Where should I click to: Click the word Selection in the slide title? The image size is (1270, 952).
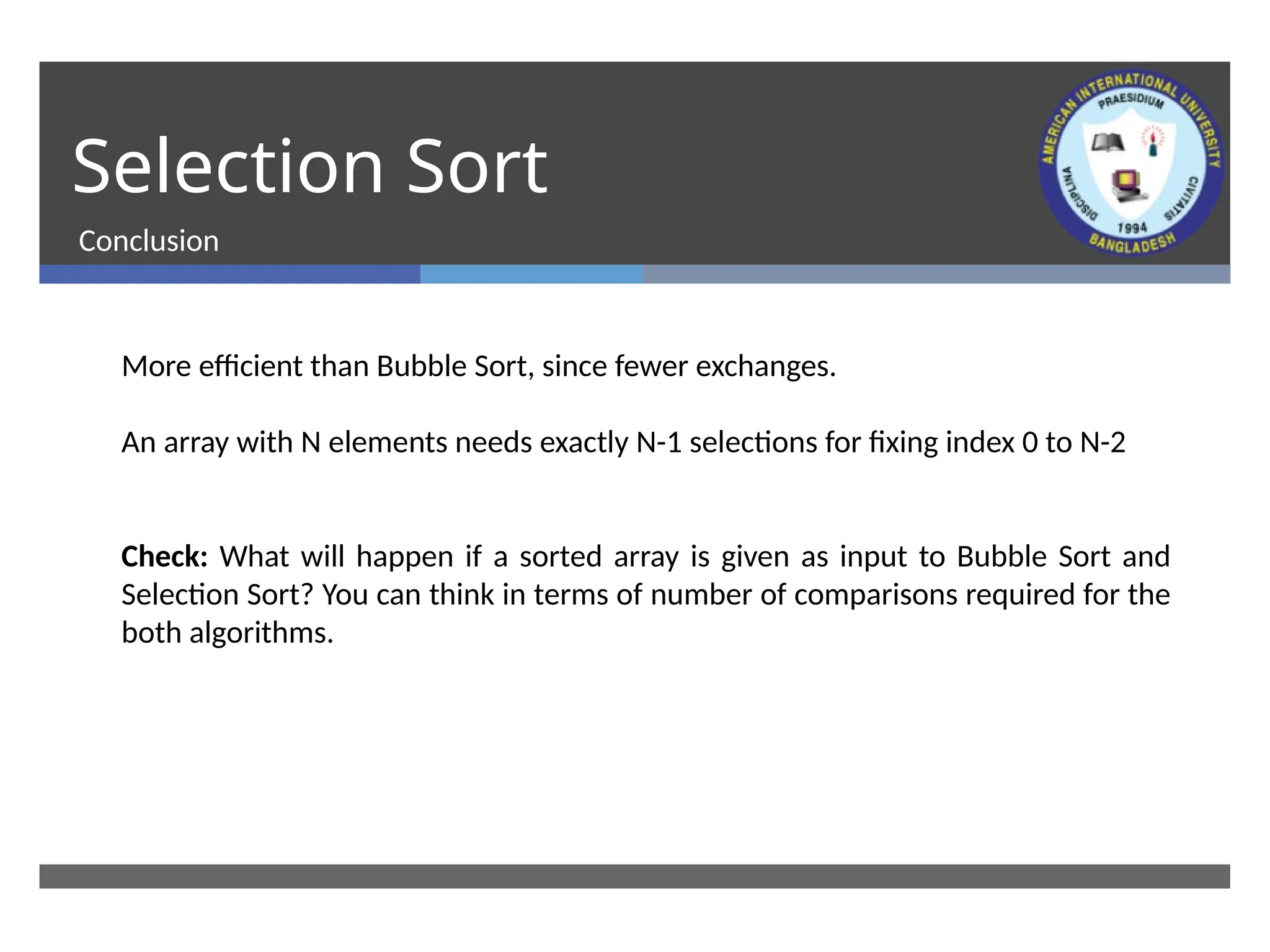[228, 167]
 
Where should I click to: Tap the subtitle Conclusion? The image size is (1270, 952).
[149, 241]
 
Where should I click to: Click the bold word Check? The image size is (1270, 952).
[164, 557]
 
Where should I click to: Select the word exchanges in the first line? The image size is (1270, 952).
[765, 366]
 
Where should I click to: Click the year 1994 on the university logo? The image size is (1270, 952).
[1132, 227]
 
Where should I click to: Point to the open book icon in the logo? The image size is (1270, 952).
[1108, 143]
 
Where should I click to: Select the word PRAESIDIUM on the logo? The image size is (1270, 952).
[1131, 101]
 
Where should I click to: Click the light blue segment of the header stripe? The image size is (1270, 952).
[531, 274]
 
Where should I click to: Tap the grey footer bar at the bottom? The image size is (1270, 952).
[634, 876]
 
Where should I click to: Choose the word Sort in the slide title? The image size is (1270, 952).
[477, 167]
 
